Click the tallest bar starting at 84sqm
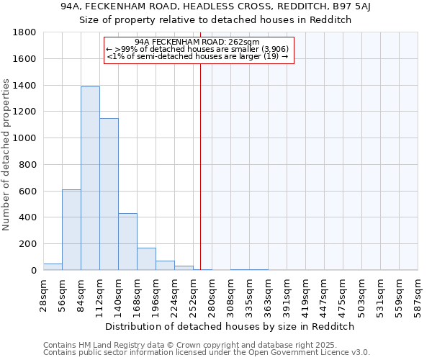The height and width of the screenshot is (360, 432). [x=90, y=179]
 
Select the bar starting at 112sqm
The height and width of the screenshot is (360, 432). [x=109, y=194]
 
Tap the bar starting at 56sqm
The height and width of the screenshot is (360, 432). [x=71, y=230]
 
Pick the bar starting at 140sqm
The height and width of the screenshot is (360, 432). [x=127, y=242]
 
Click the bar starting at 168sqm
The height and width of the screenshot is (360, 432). [x=146, y=259]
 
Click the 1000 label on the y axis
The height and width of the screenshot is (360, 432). [x=25, y=138]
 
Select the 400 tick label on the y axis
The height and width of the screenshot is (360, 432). [x=28, y=217]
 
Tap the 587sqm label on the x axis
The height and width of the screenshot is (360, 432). [x=418, y=297]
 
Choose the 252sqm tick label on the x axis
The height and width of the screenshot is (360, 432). [x=193, y=297]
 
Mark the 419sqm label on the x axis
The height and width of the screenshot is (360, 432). [x=305, y=297]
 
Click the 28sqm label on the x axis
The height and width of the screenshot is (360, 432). [x=43, y=297]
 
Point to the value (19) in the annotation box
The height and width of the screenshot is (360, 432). [x=272, y=56]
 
